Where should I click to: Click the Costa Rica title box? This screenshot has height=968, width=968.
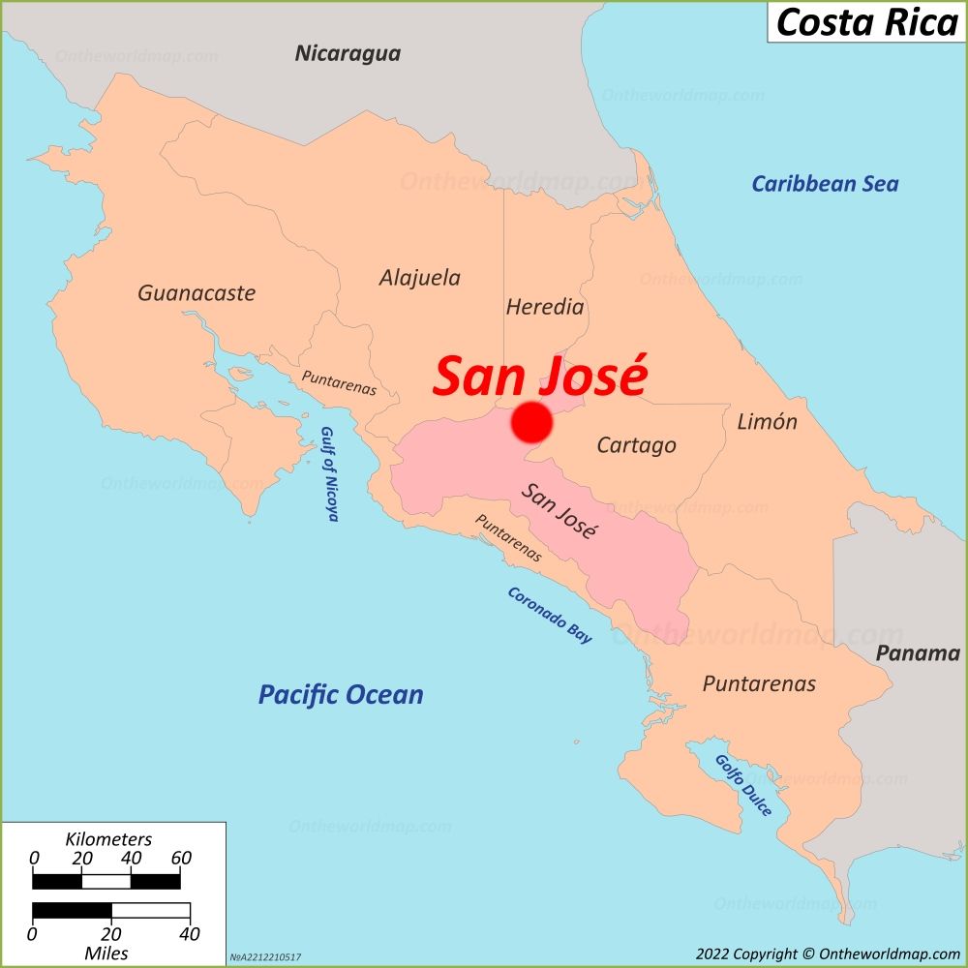click(866, 21)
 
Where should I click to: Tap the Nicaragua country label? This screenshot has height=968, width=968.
click(348, 53)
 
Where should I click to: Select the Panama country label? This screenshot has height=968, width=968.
click(918, 653)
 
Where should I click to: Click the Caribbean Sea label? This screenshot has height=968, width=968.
click(825, 183)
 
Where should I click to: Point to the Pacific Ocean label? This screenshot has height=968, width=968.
click(340, 694)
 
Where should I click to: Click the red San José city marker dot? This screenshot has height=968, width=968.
click(531, 423)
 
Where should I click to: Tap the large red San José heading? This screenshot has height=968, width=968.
click(538, 377)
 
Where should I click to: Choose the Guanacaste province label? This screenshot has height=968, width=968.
click(197, 292)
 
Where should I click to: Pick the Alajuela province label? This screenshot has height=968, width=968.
click(419, 278)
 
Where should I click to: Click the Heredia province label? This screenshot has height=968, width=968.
click(545, 307)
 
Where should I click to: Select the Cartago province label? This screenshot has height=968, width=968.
click(636, 445)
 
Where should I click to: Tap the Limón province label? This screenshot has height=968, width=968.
click(767, 421)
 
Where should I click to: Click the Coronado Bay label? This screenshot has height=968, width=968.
click(549, 616)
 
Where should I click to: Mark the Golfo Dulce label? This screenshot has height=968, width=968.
click(743, 784)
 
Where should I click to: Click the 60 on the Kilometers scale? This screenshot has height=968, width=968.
click(181, 858)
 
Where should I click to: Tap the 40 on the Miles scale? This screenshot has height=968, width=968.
click(190, 934)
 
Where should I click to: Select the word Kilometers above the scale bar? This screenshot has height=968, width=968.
click(107, 838)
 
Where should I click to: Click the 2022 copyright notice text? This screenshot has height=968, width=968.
click(827, 954)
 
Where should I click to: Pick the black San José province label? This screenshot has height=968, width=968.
click(560, 510)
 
